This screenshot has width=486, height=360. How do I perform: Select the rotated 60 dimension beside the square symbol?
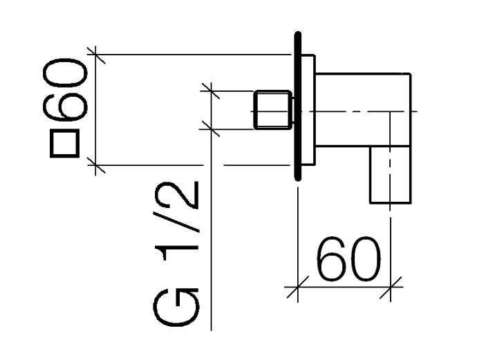65,90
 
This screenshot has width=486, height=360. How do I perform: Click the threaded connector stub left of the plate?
273,110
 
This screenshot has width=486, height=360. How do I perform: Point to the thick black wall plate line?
297,106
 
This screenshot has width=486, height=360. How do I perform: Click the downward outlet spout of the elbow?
390,174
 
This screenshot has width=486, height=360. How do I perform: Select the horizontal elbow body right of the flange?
363,110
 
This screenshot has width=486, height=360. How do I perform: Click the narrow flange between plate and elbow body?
308,110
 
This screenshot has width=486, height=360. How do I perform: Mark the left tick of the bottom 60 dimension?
297,287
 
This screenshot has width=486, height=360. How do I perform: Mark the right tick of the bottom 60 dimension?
391,287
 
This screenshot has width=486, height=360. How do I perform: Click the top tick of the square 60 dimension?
95,55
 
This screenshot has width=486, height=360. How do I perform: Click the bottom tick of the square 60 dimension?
95,165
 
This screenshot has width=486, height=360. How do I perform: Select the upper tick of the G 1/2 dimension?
211,91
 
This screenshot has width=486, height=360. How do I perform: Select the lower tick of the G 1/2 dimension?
211,129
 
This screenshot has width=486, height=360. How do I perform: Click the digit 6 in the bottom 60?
332,259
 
